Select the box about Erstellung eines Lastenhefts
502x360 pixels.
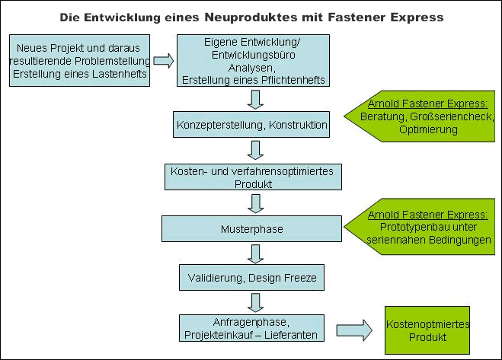80,60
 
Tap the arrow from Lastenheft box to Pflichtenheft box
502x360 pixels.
164,61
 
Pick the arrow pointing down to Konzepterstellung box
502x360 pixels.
255,100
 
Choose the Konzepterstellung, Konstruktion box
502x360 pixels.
251,125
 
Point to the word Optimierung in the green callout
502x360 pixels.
428,129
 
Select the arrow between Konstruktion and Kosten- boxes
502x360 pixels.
255,150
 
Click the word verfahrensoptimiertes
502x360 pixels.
282,171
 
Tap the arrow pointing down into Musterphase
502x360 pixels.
255,204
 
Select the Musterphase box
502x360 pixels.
251,229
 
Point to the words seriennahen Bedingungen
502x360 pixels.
429,240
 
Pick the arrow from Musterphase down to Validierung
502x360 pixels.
255,254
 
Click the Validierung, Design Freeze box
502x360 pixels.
251,278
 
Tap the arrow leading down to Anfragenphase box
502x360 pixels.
255,303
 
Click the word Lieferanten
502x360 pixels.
291,335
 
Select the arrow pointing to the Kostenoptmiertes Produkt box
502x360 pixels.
354,330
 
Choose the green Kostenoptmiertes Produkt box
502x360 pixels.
427,330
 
